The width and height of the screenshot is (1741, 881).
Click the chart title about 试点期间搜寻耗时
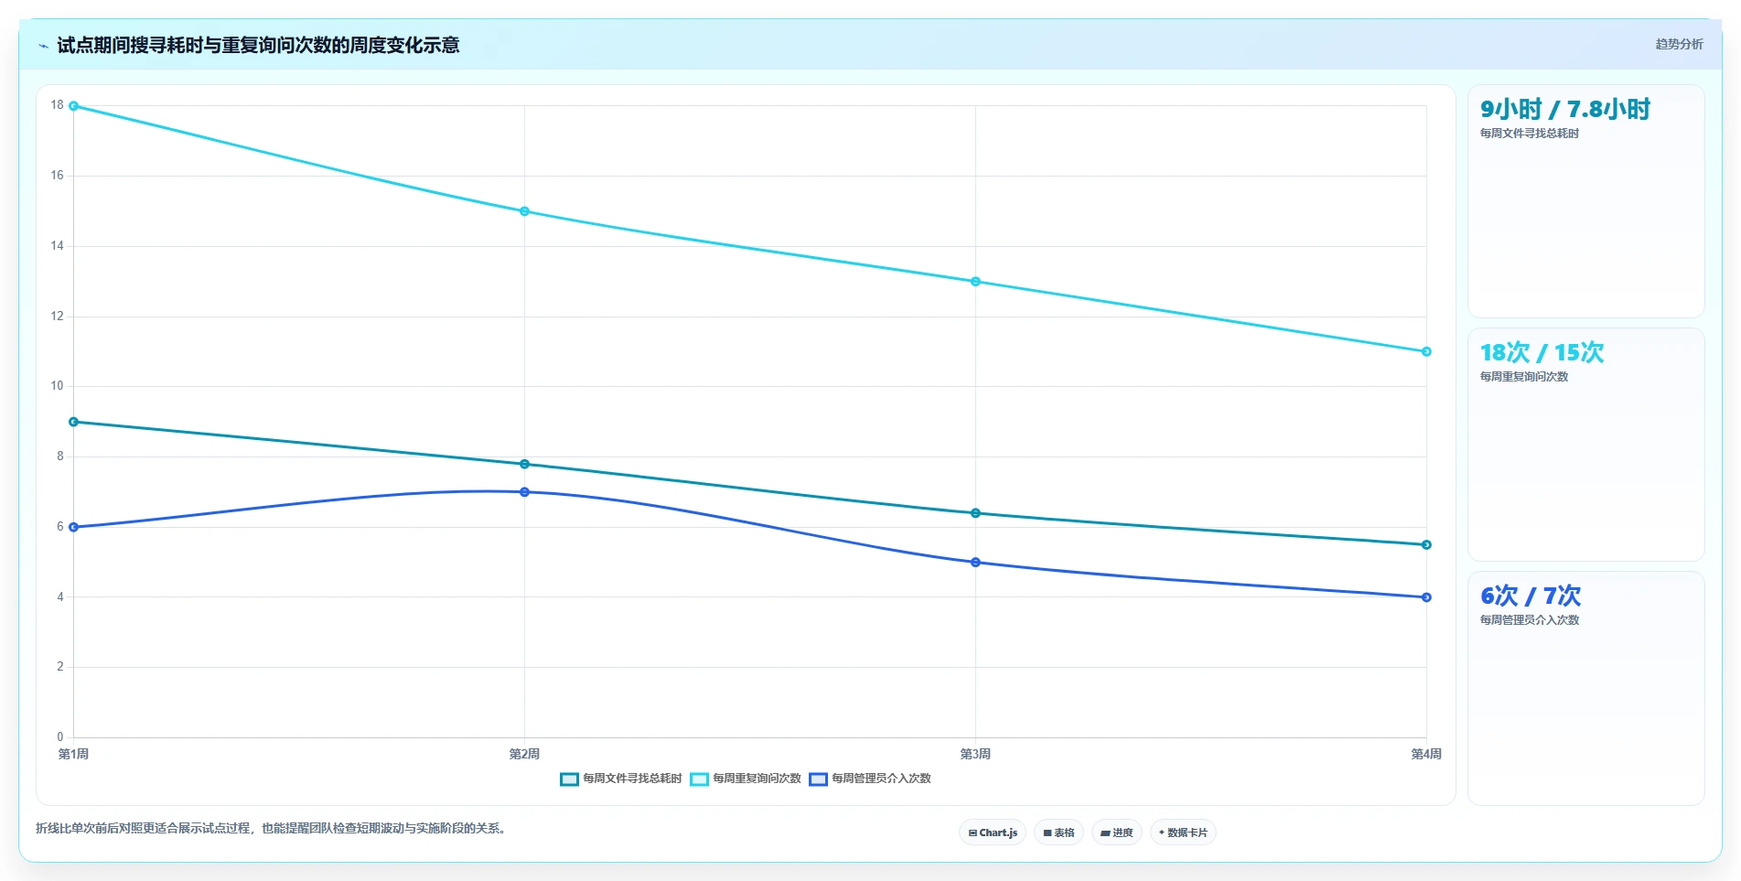coord(258,45)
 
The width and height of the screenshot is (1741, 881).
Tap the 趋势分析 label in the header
coord(1679,44)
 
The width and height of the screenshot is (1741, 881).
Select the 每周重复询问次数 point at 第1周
coord(74,106)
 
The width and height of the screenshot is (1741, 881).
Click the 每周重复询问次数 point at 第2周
coord(524,211)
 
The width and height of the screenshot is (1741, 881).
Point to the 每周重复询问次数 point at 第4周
coord(1426,351)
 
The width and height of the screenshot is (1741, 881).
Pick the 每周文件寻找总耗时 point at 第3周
coord(975,513)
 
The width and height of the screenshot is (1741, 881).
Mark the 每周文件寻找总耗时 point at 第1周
coord(74,422)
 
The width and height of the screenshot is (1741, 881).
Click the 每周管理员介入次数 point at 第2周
coord(524,492)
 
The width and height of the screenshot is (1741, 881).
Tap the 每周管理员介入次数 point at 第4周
coord(1426,597)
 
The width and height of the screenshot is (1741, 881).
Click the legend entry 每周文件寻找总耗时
coord(621,779)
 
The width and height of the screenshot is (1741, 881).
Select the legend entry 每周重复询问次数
coord(746,779)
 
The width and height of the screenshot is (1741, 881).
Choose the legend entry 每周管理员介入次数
coord(870,779)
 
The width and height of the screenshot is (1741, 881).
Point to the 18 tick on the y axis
coord(58,105)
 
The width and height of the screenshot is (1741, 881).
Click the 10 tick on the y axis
coord(58,386)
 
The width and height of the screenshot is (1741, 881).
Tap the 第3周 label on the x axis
coord(975,754)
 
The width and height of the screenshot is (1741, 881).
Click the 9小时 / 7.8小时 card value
coord(1565,109)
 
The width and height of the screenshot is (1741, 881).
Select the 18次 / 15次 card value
coord(1542,352)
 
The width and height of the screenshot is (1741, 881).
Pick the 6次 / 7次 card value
coord(1531,596)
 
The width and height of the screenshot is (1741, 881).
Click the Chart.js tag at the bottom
coord(993,833)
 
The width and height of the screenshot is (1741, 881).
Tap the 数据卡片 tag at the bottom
coord(1183,833)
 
